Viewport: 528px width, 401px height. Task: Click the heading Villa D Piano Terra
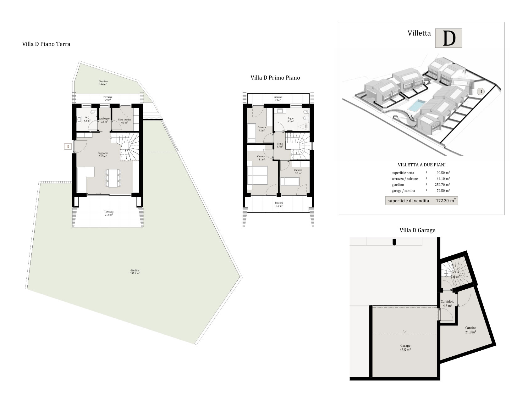click(46, 44)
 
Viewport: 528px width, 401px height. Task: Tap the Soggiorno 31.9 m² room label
click(103, 154)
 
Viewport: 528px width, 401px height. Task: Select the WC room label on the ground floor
click(87, 119)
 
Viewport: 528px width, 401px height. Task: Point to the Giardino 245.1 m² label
click(135, 272)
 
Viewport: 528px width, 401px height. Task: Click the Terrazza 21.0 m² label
click(109, 213)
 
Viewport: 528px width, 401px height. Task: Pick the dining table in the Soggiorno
click(113, 178)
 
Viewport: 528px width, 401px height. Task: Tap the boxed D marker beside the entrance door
click(68, 147)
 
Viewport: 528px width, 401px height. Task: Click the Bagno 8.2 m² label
click(291, 120)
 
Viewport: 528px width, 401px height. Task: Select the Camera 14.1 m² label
click(261, 158)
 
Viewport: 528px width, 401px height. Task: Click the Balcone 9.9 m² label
click(279, 204)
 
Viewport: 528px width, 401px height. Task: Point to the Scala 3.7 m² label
click(280, 145)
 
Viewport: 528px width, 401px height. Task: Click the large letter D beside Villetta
click(449, 38)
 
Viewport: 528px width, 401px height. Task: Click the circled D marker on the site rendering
click(481, 92)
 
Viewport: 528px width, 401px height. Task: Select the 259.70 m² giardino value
click(442, 185)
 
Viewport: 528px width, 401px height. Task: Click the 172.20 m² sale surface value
click(446, 201)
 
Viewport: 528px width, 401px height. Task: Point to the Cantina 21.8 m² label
click(471, 330)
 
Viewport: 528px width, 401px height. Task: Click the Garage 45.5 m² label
click(405, 348)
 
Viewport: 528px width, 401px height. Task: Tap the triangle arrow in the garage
click(404, 331)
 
